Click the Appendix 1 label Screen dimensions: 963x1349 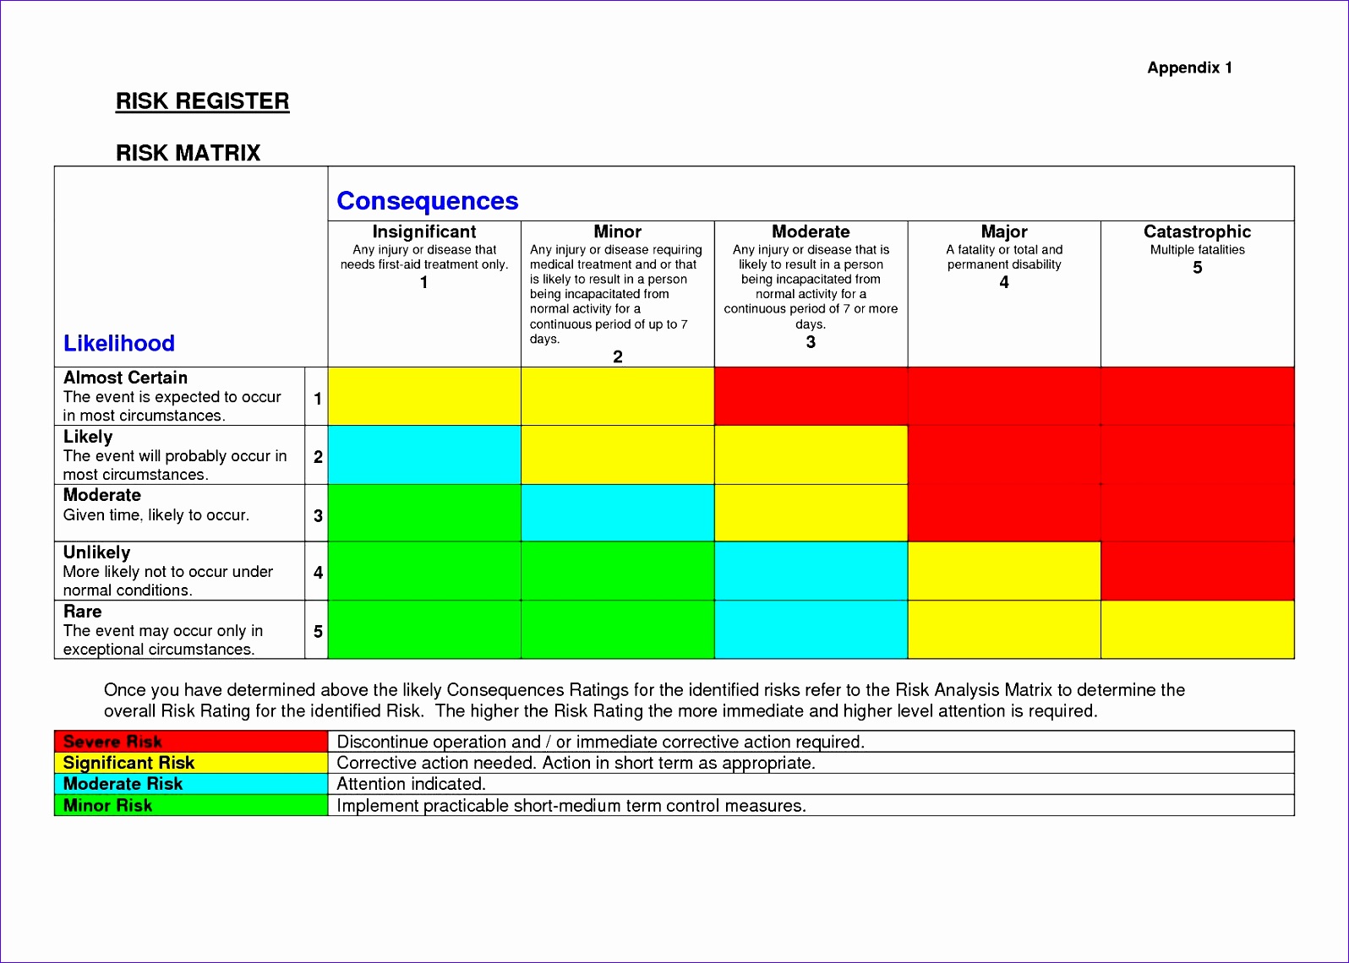1189,68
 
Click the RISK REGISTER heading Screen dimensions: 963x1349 202,101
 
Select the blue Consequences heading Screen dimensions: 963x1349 427,201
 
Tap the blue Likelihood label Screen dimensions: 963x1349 119,343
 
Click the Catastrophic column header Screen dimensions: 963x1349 1197,231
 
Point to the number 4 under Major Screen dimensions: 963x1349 1004,282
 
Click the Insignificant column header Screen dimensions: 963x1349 424,231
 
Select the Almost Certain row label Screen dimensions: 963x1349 125,378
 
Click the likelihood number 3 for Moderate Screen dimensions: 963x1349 318,515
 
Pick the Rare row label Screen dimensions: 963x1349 83,612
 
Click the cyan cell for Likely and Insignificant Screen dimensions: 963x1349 424,455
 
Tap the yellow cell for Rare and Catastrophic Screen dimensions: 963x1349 1197,629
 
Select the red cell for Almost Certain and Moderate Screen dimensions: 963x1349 811,396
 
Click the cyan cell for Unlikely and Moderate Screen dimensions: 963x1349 811,571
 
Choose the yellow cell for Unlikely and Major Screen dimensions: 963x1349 1004,571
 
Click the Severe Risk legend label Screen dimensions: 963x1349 112,742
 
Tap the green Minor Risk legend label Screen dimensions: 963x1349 108,805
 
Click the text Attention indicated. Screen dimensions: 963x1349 411,784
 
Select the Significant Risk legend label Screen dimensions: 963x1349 128,763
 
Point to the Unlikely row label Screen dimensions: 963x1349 96,552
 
